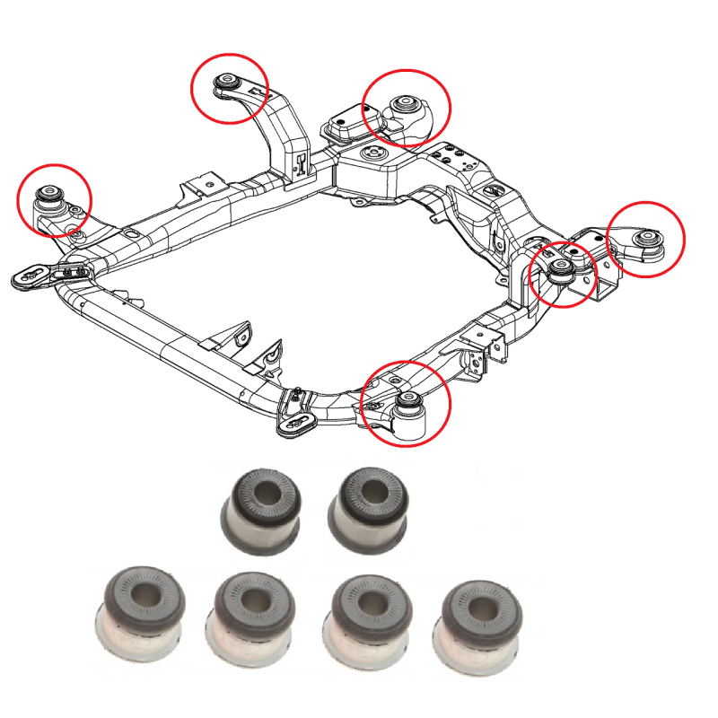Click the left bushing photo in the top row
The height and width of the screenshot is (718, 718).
pyautogui.click(x=261, y=507)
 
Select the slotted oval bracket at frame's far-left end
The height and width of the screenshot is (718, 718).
pyautogui.click(x=31, y=276)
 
